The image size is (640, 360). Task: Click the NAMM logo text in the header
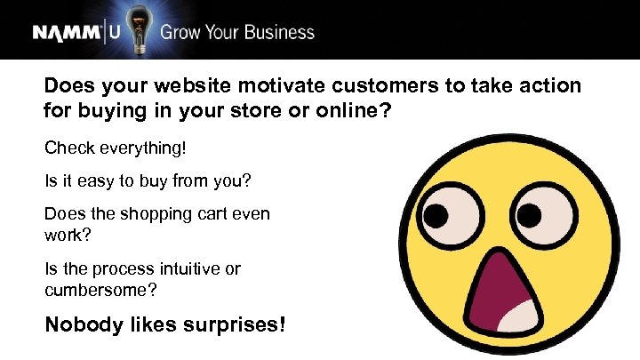pos(68,33)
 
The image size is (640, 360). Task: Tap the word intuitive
pos(195,268)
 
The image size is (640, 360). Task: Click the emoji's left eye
pos(444,216)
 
